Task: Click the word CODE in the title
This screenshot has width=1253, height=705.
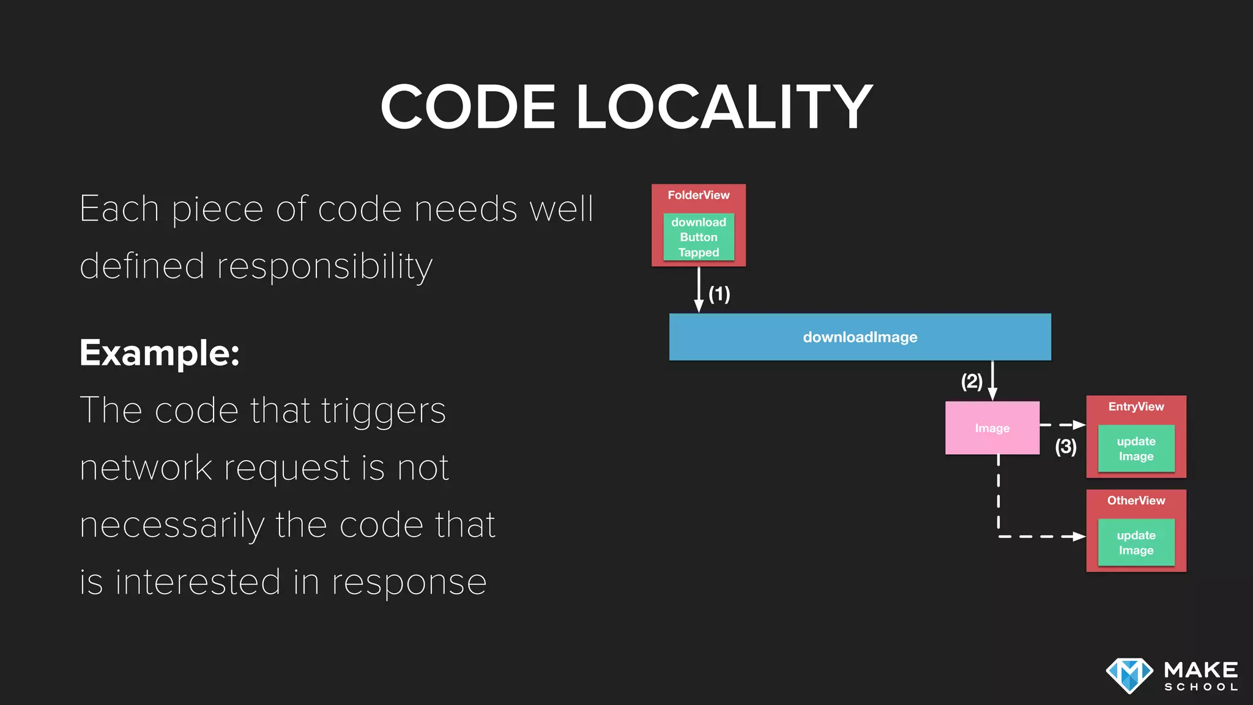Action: tap(468, 107)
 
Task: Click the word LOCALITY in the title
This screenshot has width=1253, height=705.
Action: tap(724, 107)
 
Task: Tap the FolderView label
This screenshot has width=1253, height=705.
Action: tap(698, 195)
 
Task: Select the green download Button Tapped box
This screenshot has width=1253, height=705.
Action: tap(699, 237)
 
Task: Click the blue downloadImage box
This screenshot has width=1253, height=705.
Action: tap(860, 337)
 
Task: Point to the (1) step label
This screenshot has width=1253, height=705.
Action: tap(719, 294)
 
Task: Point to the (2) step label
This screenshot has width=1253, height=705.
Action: tap(972, 382)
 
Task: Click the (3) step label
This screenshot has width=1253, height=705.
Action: tap(1065, 447)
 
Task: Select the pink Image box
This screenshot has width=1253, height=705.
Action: tap(992, 428)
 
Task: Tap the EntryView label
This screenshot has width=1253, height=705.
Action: tap(1136, 407)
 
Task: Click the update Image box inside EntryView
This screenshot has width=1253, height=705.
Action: tap(1136, 449)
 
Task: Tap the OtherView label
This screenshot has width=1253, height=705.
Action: tap(1136, 501)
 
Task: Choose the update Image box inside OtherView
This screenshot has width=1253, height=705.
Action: tap(1136, 543)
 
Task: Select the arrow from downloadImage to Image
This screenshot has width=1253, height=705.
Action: tap(992, 381)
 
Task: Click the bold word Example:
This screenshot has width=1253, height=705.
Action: tap(160, 353)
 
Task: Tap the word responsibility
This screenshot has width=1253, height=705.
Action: tap(324, 267)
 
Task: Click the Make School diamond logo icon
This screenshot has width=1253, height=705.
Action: tap(1129, 676)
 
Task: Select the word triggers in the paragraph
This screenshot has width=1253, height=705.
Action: tap(383, 411)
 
